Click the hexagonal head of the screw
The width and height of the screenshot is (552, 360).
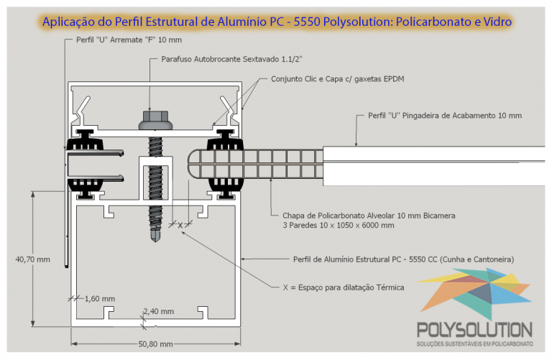[155, 116]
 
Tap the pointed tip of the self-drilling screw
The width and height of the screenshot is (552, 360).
[155, 241]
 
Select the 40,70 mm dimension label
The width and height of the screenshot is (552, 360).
[33, 259]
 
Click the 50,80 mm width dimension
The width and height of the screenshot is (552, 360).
[155, 343]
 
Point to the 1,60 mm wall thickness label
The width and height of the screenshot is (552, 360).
[100, 299]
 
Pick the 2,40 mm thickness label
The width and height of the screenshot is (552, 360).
[158, 311]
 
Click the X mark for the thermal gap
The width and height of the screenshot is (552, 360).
[180, 225]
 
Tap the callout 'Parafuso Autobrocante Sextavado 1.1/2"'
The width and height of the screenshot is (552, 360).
[231, 59]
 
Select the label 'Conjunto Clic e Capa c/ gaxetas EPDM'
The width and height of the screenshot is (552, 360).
[338, 79]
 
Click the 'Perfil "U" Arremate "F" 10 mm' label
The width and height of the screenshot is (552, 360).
[129, 40]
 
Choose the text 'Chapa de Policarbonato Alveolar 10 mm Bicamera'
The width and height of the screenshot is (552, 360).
[369, 216]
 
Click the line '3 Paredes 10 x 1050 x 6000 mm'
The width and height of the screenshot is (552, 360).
[339, 225]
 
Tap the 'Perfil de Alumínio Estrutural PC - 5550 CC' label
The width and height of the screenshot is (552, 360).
[365, 259]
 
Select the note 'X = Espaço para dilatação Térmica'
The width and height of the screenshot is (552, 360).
[344, 287]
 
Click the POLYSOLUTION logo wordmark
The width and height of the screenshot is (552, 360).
[474, 330]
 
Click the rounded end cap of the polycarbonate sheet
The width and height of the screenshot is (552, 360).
[193, 164]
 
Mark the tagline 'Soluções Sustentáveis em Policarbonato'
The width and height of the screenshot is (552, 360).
[474, 343]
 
